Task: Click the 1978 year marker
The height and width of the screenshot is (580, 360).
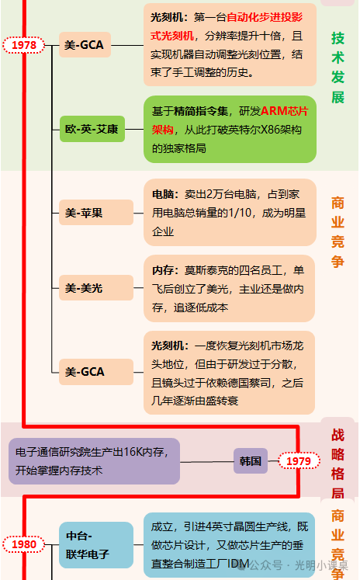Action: point(24,45)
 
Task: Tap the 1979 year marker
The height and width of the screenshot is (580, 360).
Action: point(299,461)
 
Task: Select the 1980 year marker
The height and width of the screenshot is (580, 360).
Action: point(24,544)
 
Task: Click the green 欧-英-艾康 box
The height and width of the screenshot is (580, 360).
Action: point(92,129)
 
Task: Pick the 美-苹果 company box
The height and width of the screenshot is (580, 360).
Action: point(96,213)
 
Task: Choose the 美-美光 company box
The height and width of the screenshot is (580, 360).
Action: point(96,288)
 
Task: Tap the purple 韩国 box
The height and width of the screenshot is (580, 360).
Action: point(251,461)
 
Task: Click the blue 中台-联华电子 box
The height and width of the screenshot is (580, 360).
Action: point(96,545)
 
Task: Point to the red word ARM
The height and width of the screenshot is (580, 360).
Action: point(274,111)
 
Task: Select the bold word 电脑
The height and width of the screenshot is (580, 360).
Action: point(163,194)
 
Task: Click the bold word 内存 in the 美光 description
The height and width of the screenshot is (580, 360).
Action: point(163,270)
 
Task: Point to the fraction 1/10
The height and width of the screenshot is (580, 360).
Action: point(240,213)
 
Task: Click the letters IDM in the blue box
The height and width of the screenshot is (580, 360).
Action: point(238,564)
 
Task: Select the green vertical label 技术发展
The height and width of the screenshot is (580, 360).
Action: point(337,68)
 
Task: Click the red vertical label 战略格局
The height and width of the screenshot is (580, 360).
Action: point(337,464)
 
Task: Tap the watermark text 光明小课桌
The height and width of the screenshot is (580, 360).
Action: point(321,565)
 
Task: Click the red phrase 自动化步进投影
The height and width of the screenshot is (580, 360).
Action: point(265,17)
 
